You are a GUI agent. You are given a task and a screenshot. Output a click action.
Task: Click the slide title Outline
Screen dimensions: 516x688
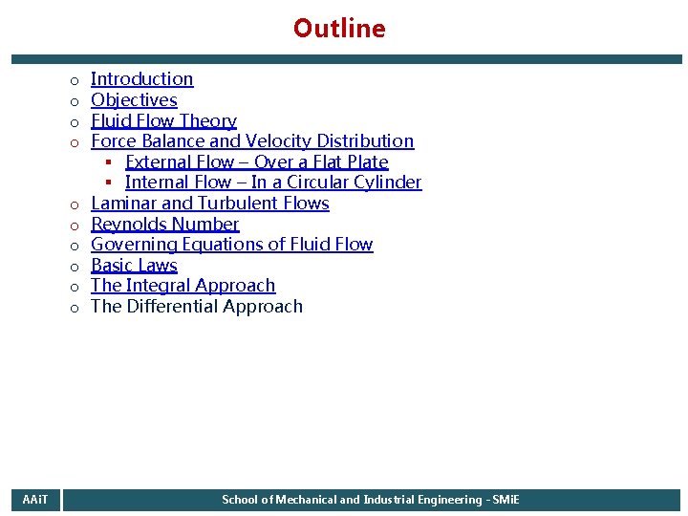pyautogui.click(x=339, y=29)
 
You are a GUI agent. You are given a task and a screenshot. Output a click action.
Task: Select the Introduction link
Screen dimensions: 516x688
pyautogui.click(x=141, y=79)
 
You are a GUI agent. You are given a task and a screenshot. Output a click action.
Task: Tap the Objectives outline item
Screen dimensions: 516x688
pyautogui.click(x=134, y=100)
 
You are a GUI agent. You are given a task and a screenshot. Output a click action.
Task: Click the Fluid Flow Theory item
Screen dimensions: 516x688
pyautogui.click(x=163, y=121)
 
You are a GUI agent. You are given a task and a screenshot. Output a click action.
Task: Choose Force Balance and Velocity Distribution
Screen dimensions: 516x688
pyautogui.click(x=252, y=141)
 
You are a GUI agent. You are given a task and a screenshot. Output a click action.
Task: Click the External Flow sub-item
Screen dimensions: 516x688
pyautogui.click(x=256, y=162)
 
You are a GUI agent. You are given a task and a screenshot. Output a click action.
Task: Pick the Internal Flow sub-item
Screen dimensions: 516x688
pyautogui.click(x=272, y=183)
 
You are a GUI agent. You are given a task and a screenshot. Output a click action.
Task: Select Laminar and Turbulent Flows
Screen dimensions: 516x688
pyautogui.click(x=209, y=204)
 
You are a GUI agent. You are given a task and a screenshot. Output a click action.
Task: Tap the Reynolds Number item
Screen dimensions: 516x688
pyautogui.click(x=164, y=225)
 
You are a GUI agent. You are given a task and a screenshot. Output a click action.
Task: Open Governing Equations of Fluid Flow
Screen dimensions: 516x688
pyautogui.click(x=231, y=245)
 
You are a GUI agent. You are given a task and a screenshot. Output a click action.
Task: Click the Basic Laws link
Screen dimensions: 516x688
pyautogui.click(x=134, y=266)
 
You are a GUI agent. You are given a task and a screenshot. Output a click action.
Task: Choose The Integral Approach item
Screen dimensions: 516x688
pyautogui.click(x=183, y=286)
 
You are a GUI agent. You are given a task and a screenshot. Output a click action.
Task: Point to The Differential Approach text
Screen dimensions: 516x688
pyautogui.click(x=196, y=307)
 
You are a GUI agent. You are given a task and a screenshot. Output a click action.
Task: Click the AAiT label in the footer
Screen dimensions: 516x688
pyautogui.click(x=36, y=500)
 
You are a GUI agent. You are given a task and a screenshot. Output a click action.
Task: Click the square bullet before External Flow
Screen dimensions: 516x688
pyautogui.click(x=110, y=162)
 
